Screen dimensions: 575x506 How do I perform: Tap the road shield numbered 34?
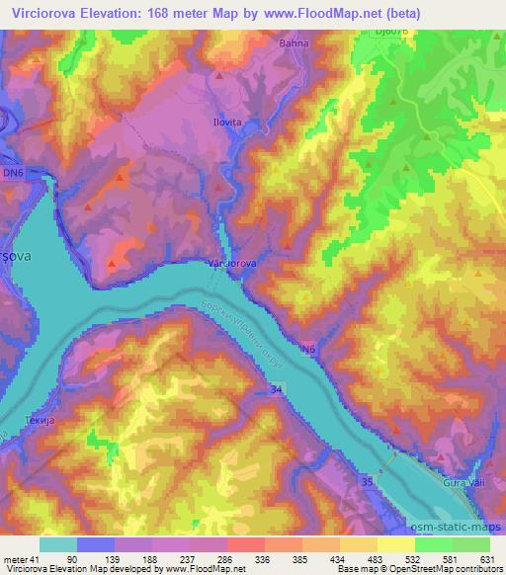pos(272,392)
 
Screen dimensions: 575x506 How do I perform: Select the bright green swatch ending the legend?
pos(470,544)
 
